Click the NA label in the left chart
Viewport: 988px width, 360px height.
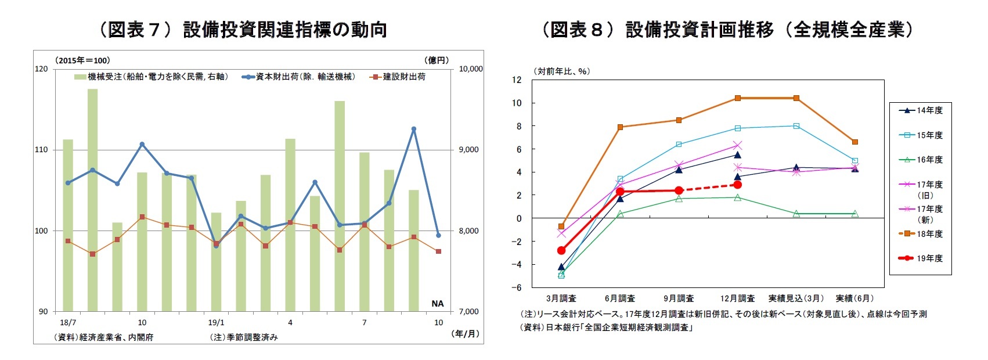click(x=437, y=304)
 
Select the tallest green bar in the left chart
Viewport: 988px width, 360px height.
click(x=92, y=200)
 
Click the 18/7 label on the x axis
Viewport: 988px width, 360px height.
click(x=68, y=322)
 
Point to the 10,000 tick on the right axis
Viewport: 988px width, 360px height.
click(x=471, y=69)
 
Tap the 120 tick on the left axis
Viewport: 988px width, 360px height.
click(x=41, y=69)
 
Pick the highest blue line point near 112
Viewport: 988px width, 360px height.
click(x=414, y=129)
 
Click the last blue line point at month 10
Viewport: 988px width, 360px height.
click(x=438, y=235)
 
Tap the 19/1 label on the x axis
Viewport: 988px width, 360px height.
click(x=216, y=322)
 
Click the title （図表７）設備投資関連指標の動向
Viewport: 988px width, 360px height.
click(x=242, y=29)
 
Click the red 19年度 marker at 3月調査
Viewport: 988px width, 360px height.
click(x=561, y=250)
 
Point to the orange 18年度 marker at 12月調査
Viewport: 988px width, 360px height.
click(x=738, y=98)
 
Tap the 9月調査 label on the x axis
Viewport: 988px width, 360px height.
click(x=679, y=298)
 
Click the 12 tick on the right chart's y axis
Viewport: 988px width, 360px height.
click(x=517, y=80)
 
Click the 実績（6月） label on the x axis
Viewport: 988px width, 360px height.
click(x=854, y=298)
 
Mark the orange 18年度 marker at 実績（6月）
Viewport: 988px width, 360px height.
click(x=854, y=142)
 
